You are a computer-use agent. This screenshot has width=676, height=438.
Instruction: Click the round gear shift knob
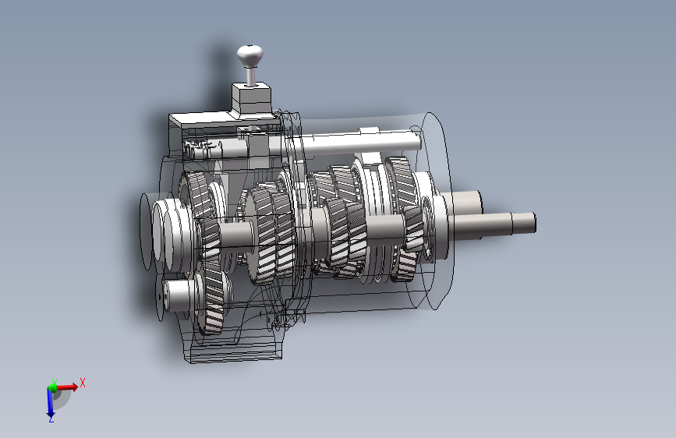pos(250,55)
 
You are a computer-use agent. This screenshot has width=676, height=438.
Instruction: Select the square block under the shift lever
pos(251,99)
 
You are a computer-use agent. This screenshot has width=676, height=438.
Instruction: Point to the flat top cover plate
pos(225,119)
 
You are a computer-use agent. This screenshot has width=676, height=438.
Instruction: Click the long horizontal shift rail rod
pos(345,143)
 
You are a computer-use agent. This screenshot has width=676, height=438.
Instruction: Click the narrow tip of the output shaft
pos(523,223)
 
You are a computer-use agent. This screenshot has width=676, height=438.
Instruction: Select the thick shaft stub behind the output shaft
pos(463,203)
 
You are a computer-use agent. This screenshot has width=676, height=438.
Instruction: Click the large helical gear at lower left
pos(212,298)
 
